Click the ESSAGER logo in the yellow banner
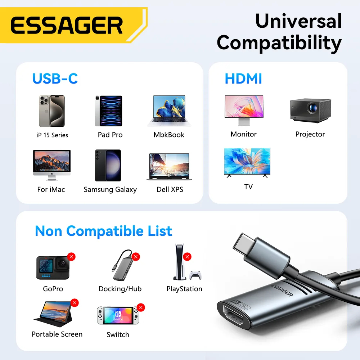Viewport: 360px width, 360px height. click(x=67, y=26)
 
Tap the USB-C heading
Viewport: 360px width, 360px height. click(x=55, y=78)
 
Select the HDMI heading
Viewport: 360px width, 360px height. click(x=243, y=79)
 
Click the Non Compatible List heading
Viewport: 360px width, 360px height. click(x=103, y=231)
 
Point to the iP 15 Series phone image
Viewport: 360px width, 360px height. click(x=51, y=111)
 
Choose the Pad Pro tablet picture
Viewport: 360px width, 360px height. click(x=108, y=111)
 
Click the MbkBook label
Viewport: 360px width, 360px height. click(x=169, y=135)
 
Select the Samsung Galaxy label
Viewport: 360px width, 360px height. click(x=110, y=190)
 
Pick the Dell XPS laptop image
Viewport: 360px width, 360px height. click(x=169, y=167)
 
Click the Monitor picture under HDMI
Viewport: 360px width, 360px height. click(x=244, y=111)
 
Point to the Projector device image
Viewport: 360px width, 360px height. click(x=310, y=111)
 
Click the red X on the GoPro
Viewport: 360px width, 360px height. click(x=71, y=257)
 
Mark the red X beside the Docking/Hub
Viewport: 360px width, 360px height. click(x=136, y=257)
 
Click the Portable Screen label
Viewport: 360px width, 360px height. click(x=57, y=334)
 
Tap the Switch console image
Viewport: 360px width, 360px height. click(x=117, y=316)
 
